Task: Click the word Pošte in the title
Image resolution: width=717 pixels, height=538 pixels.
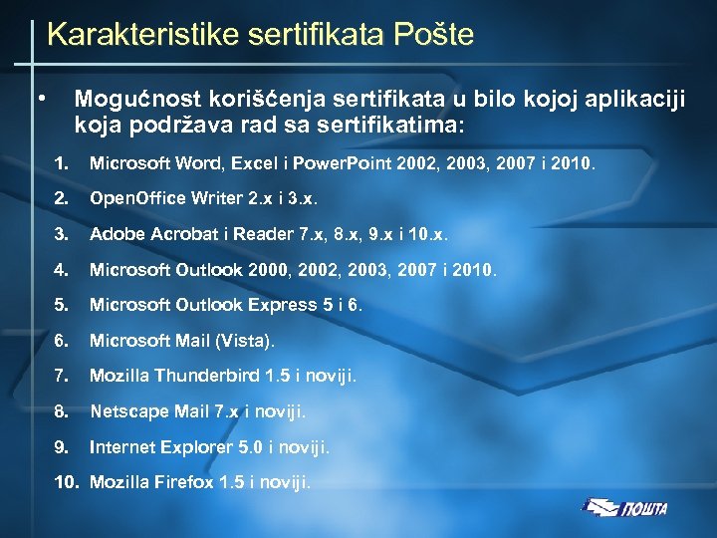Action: pyautogui.click(x=426, y=35)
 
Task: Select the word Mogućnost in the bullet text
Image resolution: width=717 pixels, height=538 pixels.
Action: pyautogui.click(x=136, y=101)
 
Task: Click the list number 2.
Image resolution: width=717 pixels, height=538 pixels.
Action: pyautogui.click(x=61, y=198)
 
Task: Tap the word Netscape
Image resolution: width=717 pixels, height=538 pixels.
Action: pyautogui.click(x=124, y=410)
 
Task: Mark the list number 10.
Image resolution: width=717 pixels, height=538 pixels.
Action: pyautogui.click(x=65, y=483)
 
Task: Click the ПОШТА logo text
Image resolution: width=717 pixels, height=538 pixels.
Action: pyautogui.click(x=644, y=509)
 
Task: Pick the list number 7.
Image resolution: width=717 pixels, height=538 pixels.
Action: pyautogui.click(x=61, y=376)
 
